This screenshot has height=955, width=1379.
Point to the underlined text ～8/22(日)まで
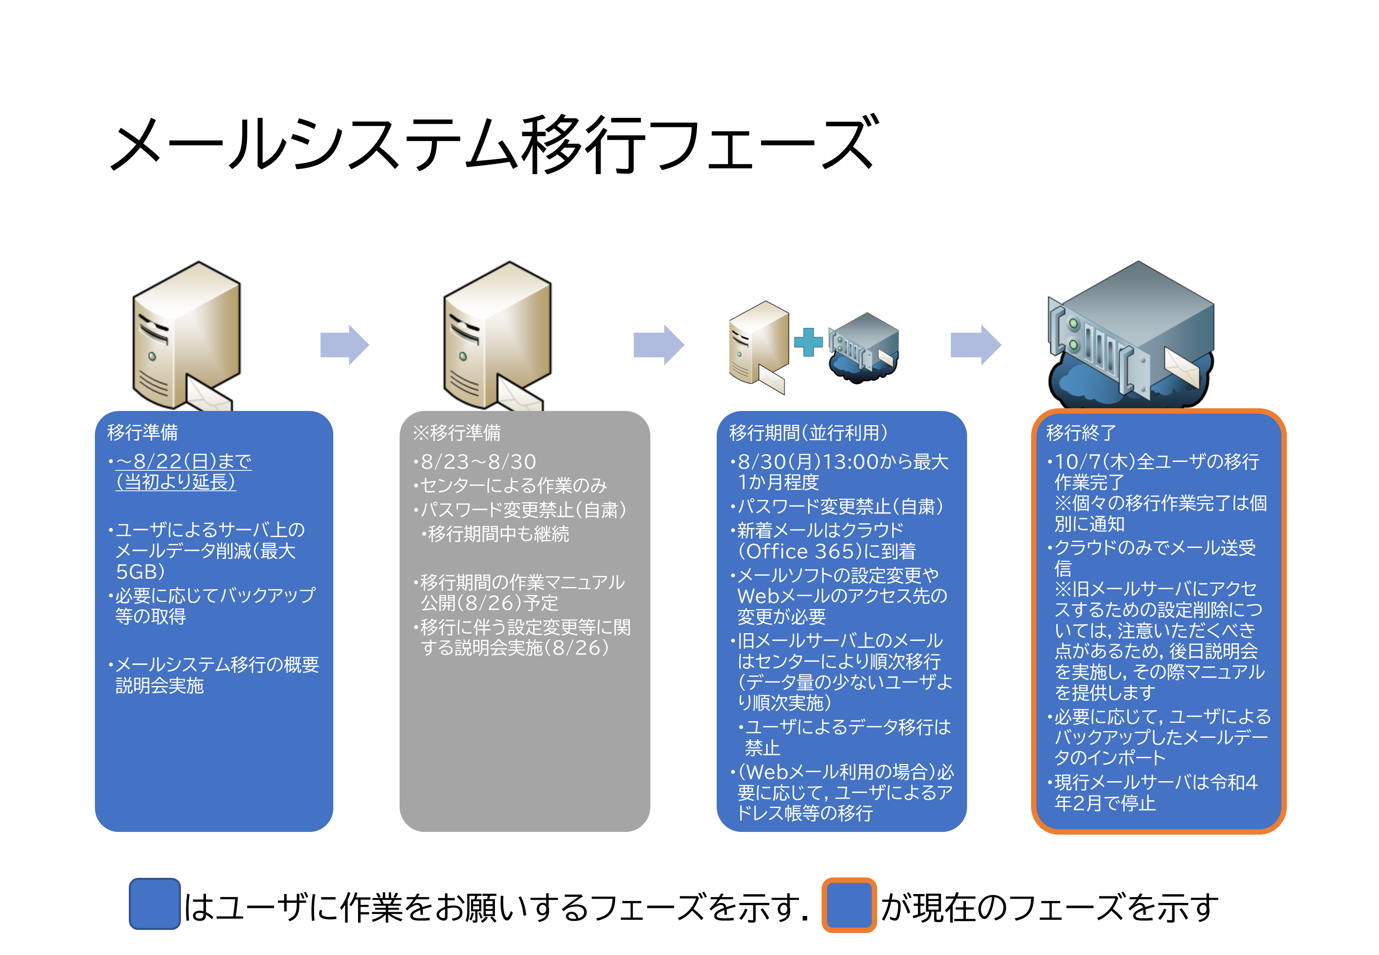pos(184,461)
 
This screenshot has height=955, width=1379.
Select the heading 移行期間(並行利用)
pos(808,433)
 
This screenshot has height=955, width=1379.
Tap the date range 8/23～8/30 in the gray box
pos(478,462)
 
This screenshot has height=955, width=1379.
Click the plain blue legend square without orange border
pos(154,904)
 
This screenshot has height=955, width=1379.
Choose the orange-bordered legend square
pos(849,905)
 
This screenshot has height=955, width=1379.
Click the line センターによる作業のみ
pos(514,485)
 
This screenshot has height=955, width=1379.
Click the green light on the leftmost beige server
pos(152,357)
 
